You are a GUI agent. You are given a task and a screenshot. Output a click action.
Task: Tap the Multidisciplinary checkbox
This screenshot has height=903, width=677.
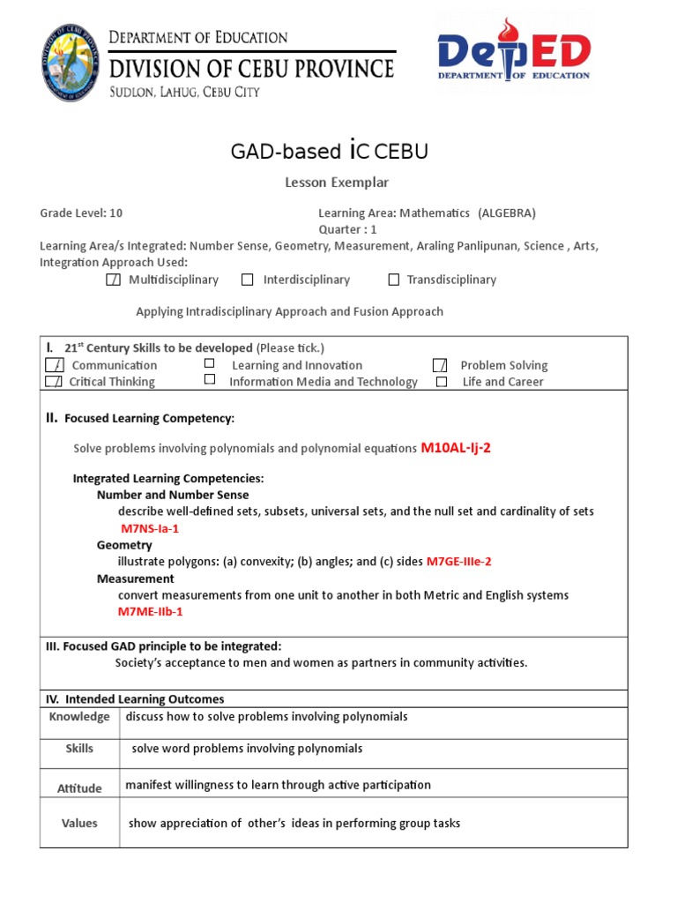[113, 280]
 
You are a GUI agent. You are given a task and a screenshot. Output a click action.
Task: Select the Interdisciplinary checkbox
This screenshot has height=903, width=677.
[248, 280]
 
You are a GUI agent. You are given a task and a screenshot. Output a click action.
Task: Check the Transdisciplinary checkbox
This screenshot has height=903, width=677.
[394, 280]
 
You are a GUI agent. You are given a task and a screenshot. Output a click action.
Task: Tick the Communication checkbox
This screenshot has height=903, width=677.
[54, 365]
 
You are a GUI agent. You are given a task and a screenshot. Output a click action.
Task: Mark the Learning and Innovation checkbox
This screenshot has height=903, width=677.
[209, 363]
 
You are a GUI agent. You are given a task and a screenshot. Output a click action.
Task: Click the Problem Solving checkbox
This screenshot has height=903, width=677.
[441, 365]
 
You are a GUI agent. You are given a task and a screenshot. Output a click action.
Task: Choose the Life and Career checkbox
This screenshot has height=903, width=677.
[443, 382]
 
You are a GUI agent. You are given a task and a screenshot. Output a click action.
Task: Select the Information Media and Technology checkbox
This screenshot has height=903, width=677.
[209, 379]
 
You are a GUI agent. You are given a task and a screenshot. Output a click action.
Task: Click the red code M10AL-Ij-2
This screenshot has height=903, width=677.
[456, 448]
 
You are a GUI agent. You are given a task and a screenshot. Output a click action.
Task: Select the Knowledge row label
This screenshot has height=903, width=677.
[79, 717]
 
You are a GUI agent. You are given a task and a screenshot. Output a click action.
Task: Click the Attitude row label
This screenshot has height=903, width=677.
[79, 788]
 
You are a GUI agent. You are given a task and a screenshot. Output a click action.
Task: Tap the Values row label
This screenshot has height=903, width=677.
[79, 823]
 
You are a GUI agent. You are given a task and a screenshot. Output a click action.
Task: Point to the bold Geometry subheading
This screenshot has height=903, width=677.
[124, 545]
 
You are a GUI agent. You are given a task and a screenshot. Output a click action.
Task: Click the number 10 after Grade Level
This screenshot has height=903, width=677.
[116, 213]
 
